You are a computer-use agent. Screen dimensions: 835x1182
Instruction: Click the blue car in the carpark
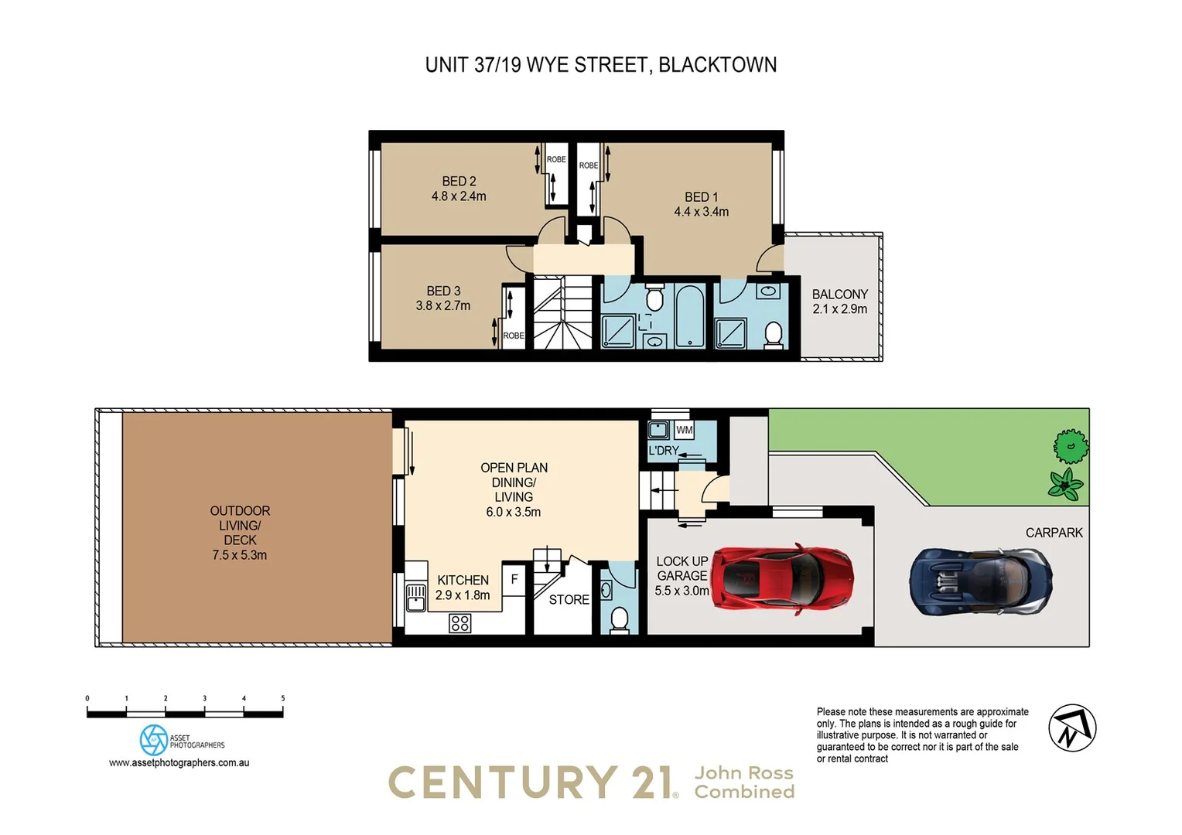click(981, 582)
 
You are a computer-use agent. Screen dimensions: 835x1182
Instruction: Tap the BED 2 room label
click(459, 182)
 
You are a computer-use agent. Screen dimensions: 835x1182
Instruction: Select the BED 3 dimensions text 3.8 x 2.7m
click(442, 306)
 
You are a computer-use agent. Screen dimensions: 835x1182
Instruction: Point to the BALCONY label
click(839, 295)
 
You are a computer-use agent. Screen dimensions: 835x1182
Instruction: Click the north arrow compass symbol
click(1072, 728)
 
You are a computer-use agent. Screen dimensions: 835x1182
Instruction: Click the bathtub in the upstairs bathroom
click(688, 317)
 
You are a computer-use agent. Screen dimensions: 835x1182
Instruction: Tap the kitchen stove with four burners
click(459, 622)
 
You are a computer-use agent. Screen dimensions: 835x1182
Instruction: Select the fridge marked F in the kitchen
click(514, 579)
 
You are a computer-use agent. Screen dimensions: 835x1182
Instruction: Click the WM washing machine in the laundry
click(684, 430)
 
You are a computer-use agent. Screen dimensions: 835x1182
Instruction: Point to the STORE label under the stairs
click(569, 600)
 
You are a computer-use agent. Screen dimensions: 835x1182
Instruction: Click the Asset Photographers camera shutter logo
click(153, 740)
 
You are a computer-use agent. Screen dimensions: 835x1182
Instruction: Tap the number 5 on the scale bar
click(282, 698)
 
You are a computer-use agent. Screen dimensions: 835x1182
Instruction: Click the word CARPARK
click(1054, 533)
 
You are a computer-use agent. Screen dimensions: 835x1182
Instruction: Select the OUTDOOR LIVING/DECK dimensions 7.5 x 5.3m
click(239, 555)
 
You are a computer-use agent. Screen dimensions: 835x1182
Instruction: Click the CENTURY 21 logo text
click(532, 782)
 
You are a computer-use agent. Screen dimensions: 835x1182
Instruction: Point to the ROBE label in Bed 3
click(514, 336)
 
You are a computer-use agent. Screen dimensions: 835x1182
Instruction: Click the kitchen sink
click(415, 597)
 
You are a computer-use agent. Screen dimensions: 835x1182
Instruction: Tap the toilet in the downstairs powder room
click(619, 619)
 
